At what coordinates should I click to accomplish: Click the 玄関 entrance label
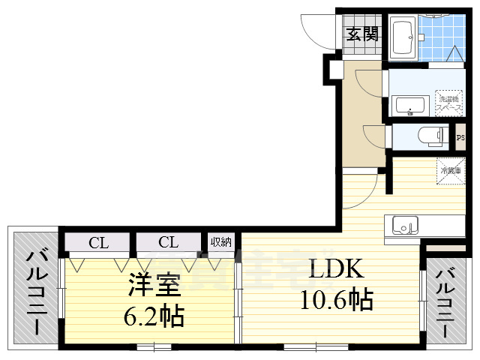pos(362,34)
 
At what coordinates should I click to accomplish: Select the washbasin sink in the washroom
pos(409,105)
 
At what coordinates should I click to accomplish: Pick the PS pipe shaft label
pos(460,138)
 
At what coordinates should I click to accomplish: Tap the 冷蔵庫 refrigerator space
pos(448,170)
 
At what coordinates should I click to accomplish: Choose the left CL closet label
pos(97,242)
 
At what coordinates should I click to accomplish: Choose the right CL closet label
pos(168,242)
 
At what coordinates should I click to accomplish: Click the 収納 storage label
pos(220,241)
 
